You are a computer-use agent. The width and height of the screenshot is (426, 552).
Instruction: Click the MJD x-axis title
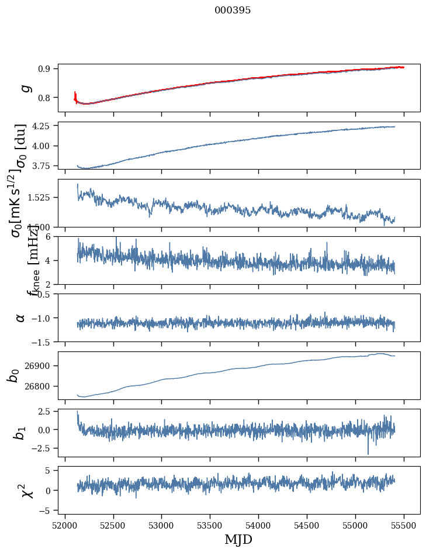point(238,540)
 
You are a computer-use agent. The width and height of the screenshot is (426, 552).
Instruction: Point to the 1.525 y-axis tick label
point(40,197)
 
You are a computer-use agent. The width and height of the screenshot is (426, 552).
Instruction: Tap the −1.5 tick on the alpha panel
point(42,341)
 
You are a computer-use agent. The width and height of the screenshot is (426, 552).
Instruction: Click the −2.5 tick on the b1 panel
point(42,448)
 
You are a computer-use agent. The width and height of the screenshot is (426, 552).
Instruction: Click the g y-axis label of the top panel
point(25,88)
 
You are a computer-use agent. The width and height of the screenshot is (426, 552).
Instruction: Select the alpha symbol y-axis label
point(21,318)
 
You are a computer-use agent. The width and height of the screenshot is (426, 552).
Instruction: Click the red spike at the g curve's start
point(75,95)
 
